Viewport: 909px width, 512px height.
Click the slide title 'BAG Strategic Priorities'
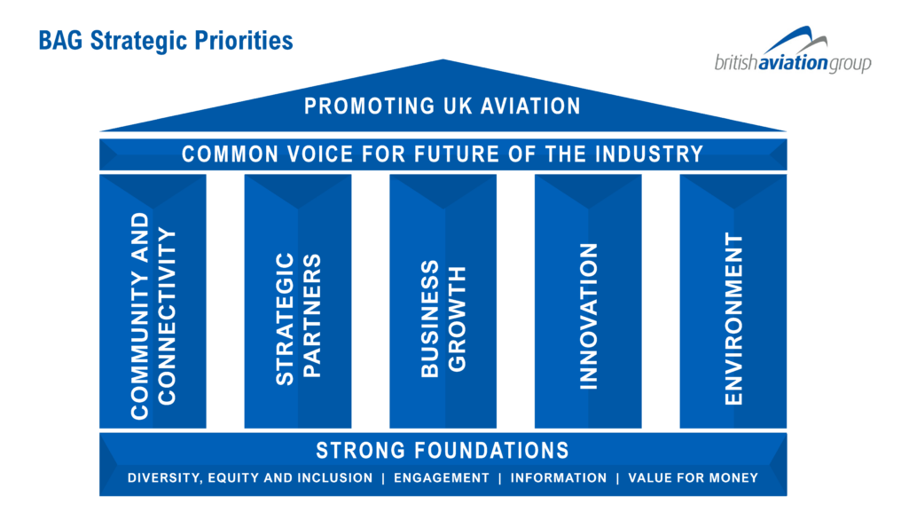point(166,41)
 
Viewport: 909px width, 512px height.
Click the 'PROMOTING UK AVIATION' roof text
point(443,106)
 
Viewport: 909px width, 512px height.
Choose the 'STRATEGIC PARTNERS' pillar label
point(298,319)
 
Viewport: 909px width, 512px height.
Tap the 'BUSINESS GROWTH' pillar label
point(443,319)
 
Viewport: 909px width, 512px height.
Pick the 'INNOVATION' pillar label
point(589,316)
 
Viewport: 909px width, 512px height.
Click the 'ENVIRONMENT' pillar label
point(733,319)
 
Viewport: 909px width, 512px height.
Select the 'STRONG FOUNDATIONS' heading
point(443,451)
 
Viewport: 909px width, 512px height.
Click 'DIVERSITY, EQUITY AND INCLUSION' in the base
point(250,477)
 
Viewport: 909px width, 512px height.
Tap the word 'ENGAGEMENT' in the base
point(441,477)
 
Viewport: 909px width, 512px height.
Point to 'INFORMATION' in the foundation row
point(559,477)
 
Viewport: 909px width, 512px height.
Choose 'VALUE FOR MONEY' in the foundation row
point(694,477)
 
